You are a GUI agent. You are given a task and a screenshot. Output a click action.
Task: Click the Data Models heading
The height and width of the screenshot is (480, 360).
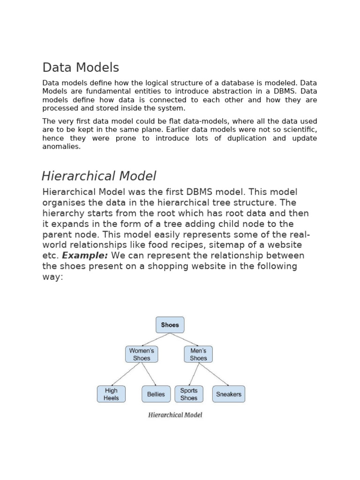coord(81,68)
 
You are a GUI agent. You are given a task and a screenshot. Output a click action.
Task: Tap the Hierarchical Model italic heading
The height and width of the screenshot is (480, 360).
coord(98,176)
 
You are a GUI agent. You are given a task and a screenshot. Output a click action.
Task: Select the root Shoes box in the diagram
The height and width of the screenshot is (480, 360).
coord(170,325)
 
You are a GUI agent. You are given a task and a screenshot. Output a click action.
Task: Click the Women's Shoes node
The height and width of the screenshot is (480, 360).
coord(142,354)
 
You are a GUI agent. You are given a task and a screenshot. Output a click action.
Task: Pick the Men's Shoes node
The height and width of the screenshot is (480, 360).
coord(198,354)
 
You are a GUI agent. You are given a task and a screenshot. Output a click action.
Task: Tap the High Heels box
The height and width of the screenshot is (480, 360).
coord(111,394)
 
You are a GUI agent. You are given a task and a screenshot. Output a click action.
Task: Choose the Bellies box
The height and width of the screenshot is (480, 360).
coord(156,394)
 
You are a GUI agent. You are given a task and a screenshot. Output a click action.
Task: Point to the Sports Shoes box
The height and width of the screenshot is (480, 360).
coord(189,394)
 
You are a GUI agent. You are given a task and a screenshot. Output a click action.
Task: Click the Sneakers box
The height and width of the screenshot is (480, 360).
coord(229,394)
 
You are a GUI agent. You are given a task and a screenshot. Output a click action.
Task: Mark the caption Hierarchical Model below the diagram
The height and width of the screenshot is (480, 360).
coord(175,415)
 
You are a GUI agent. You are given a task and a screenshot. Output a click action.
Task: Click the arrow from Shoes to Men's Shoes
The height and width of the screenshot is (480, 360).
coord(184,340)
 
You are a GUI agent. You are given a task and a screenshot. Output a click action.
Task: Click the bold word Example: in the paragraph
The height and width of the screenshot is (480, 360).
coord(85,255)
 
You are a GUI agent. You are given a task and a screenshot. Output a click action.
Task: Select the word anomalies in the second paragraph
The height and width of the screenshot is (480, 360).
coord(61,146)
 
